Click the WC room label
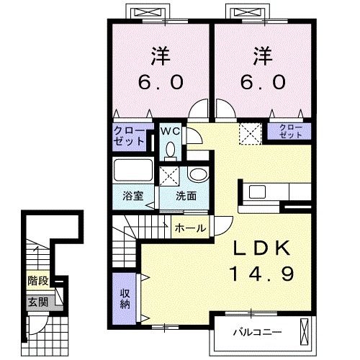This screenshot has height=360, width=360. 170,131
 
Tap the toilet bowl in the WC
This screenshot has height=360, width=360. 171,150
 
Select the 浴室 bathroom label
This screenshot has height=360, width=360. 133,196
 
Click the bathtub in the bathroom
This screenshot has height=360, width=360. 133,170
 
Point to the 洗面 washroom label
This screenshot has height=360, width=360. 186,196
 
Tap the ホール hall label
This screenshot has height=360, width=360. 190,228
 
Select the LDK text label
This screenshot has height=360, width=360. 261,248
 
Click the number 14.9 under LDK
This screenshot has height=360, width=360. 261,274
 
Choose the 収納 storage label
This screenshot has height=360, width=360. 125,299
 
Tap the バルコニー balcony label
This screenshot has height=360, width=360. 257,333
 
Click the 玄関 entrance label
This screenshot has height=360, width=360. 38,302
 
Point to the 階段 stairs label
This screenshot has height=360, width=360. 38,281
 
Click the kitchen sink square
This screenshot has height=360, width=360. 257,192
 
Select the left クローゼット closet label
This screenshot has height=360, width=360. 129,136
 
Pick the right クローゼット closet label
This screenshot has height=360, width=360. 291,131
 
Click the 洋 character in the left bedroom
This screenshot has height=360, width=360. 161,56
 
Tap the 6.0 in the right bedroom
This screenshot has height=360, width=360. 263,82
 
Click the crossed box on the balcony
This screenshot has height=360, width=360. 304,333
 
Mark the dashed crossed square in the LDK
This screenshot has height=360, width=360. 250,134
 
